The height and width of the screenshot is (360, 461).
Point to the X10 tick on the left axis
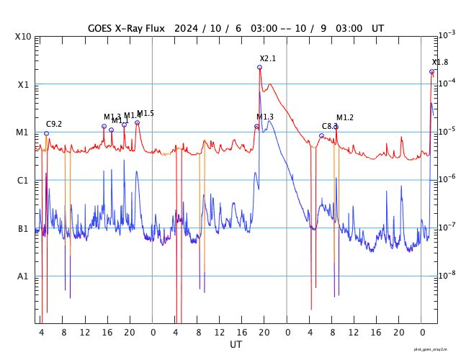coord(22,37)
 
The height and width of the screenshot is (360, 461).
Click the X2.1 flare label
coord(268,58)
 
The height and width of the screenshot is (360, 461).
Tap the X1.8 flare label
coord(439,63)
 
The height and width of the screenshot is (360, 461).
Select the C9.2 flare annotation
coord(54,125)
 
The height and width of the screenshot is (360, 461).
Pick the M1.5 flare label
coord(146,113)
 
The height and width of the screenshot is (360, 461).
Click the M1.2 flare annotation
coord(345,117)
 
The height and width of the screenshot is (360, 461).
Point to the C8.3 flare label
coord(329,126)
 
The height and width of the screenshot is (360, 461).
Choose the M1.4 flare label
coord(132,115)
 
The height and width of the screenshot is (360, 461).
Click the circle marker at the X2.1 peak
coord(259,68)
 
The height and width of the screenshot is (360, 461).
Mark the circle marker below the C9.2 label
coord(46,133)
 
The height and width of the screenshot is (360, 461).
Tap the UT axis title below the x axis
coord(236,344)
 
